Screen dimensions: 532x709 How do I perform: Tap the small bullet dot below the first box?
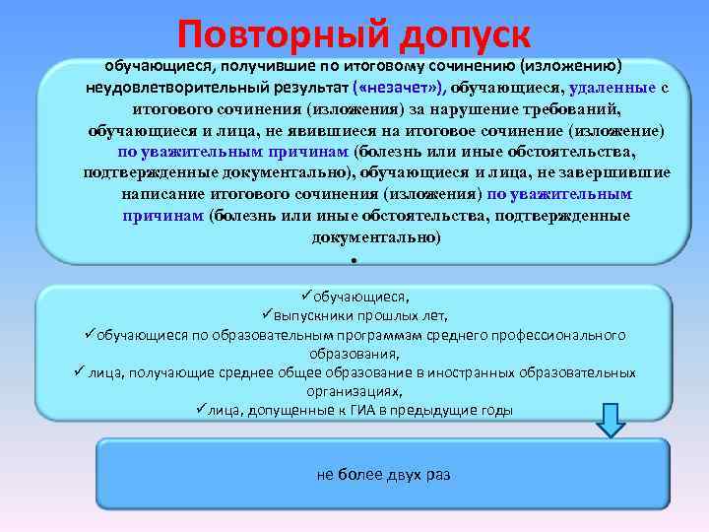click(352, 261)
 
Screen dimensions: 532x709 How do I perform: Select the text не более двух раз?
click(383, 474)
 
